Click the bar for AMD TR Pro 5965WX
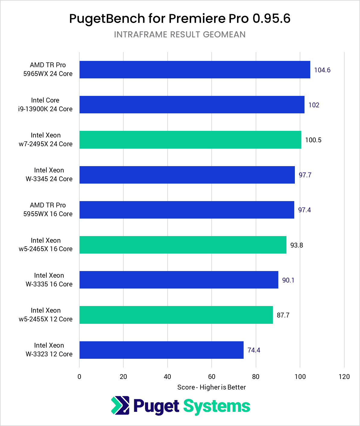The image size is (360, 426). (x=194, y=70)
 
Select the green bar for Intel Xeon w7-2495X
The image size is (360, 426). (x=190, y=140)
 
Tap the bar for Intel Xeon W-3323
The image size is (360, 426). (x=161, y=350)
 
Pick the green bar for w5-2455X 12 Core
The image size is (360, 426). (x=176, y=315)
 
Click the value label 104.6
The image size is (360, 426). (x=322, y=70)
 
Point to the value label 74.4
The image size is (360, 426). (x=254, y=350)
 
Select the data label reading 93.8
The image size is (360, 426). (x=296, y=245)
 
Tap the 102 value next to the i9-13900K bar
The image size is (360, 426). (x=314, y=105)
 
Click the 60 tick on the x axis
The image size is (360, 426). (x=212, y=377)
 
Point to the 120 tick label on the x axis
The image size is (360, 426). (x=344, y=377)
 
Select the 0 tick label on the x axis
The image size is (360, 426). (x=79, y=377)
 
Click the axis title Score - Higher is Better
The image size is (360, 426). (x=211, y=387)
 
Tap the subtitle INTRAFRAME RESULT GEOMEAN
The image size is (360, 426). (x=180, y=34)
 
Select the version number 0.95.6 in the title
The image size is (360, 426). (x=271, y=19)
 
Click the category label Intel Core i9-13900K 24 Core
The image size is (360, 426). (x=45, y=105)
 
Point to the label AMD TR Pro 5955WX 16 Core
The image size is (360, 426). (x=48, y=210)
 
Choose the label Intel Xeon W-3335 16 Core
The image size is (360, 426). (x=49, y=280)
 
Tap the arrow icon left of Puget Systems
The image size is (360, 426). (x=120, y=405)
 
